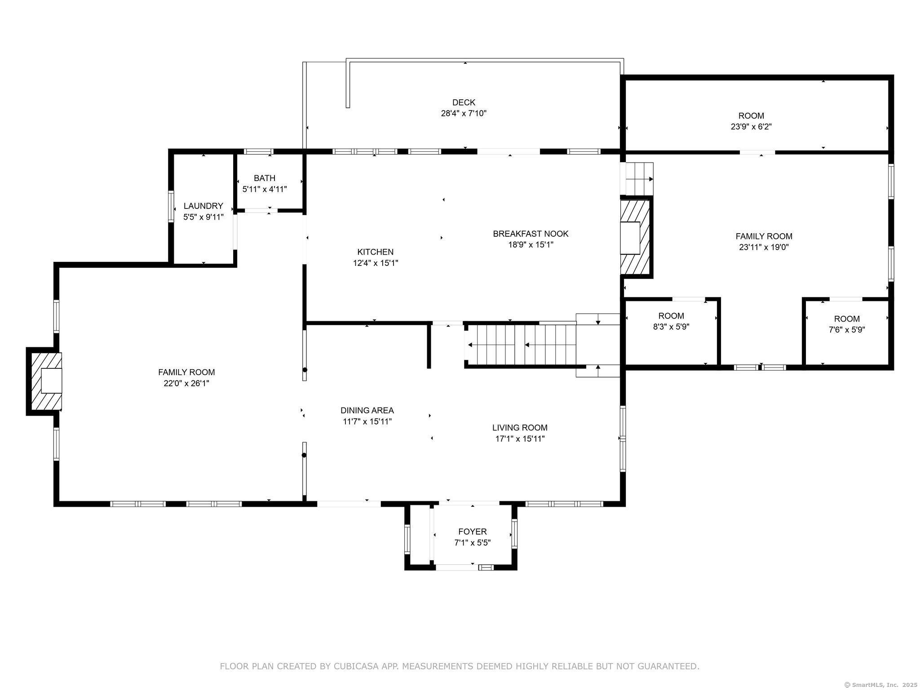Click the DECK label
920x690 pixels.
pyautogui.click(x=464, y=102)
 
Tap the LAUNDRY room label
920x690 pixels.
pyautogui.click(x=203, y=206)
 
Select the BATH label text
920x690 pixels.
pyautogui.click(x=265, y=178)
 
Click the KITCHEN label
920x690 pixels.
pyautogui.click(x=375, y=252)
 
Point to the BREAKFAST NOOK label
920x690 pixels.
pyautogui.click(x=531, y=234)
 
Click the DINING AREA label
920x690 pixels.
pyautogui.click(x=367, y=410)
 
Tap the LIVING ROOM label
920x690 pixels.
pyautogui.click(x=520, y=428)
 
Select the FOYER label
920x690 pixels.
pyautogui.click(x=472, y=532)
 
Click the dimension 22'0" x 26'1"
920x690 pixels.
pyautogui.click(x=186, y=383)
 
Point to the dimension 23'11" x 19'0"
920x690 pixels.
pyautogui.click(x=764, y=247)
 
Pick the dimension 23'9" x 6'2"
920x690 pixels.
pyautogui.click(x=751, y=127)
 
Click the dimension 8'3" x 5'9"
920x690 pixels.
pyautogui.click(x=671, y=327)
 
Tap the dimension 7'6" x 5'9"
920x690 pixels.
pyautogui.click(x=847, y=330)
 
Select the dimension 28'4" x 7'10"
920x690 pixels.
pyautogui.click(x=464, y=113)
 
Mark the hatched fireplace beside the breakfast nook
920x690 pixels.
pyautogui.click(x=636, y=237)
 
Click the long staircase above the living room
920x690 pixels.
pyautogui.click(x=521, y=345)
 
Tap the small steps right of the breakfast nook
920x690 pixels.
pyautogui.click(x=637, y=179)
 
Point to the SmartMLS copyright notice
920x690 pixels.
pyautogui.click(x=880, y=685)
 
